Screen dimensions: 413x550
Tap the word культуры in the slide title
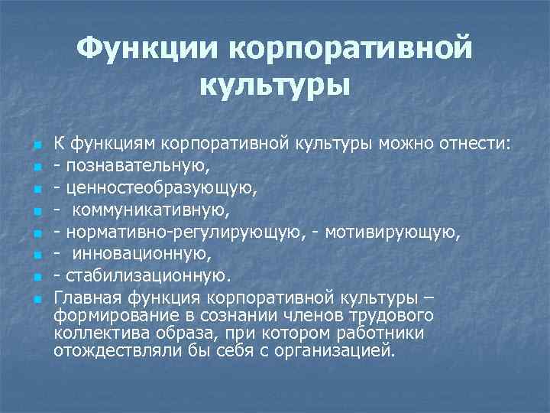click(275, 83)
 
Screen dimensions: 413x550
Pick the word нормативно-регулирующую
click(182, 230)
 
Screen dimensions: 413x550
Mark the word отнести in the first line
click(461, 141)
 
